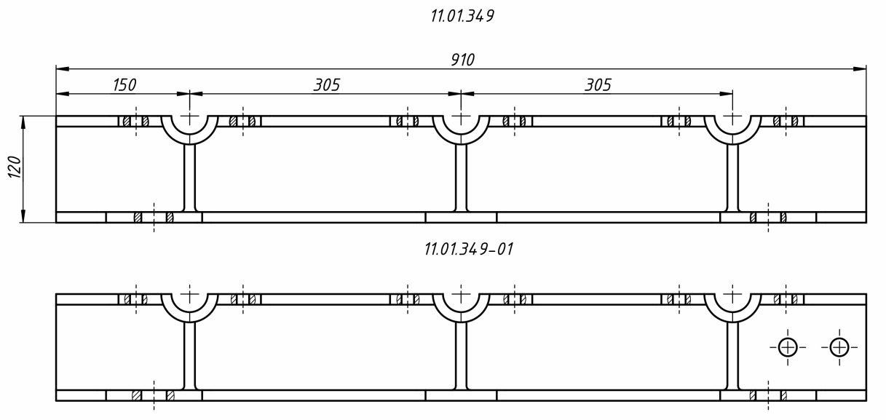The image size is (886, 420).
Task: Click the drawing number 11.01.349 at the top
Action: click(462, 16)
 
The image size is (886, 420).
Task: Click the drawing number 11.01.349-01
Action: click(469, 249)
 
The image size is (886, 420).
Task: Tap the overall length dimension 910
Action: click(462, 60)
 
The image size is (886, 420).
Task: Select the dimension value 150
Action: click(124, 84)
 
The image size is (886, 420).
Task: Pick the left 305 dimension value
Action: click(327, 84)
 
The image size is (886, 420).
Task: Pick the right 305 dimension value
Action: click(598, 84)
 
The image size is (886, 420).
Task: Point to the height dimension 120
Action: click(15, 167)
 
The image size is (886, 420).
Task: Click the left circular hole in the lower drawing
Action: click(788, 347)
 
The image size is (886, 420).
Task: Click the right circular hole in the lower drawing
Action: click(839, 347)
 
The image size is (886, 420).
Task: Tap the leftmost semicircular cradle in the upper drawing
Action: click(189, 140)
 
